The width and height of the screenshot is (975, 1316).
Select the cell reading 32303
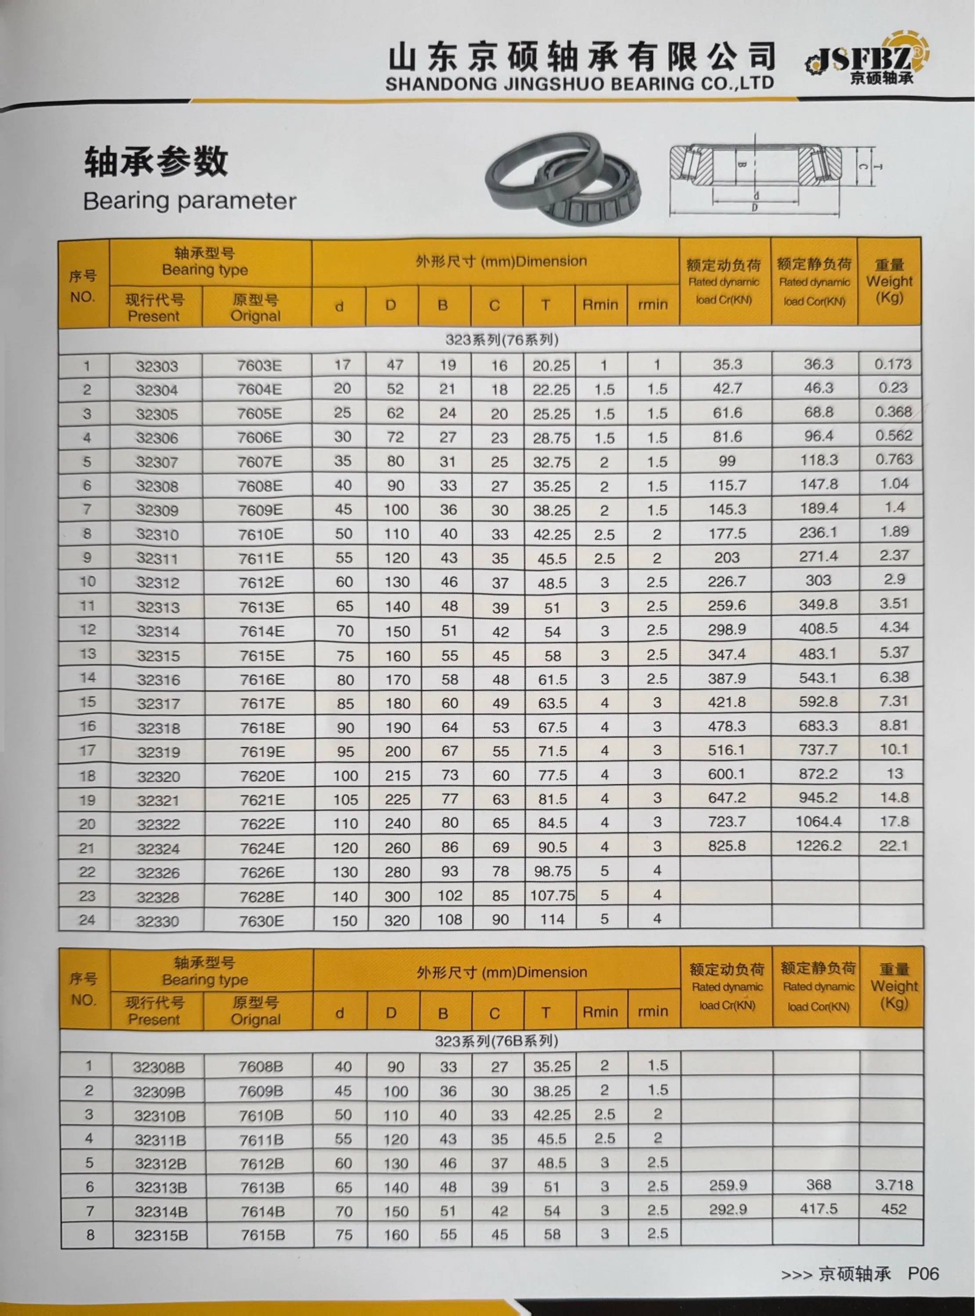tap(156, 366)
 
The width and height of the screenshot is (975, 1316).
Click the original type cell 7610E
tap(260, 535)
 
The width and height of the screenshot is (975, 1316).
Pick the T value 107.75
tap(552, 896)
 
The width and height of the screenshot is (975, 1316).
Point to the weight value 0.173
tap(892, 364)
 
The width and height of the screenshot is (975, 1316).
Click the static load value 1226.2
tap(818, 846)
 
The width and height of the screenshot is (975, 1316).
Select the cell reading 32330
tap(158, 921)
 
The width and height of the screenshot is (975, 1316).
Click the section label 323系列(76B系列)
tap(496, 1041)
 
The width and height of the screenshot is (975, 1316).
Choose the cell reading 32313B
tap(160, 1187)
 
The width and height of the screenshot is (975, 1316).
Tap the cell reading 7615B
tap(262, 1235)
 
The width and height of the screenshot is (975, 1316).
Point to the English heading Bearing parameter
tap(189, 201)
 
